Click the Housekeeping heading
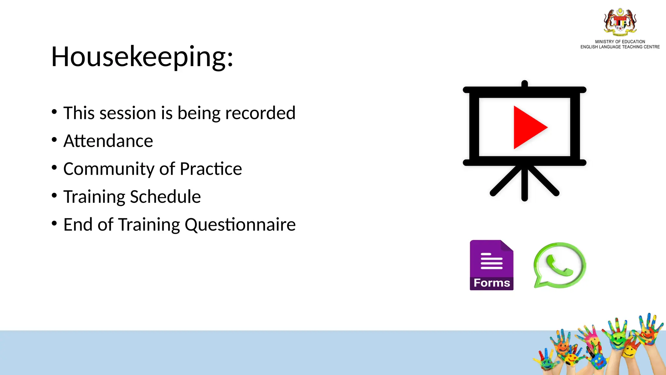142,57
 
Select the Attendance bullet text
108,141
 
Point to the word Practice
211,169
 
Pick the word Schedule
166,197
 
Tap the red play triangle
528,127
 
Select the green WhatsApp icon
559,265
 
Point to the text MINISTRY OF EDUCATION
620,42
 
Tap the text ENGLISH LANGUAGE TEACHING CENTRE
620,47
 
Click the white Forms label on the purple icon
491,283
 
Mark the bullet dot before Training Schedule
54,195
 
